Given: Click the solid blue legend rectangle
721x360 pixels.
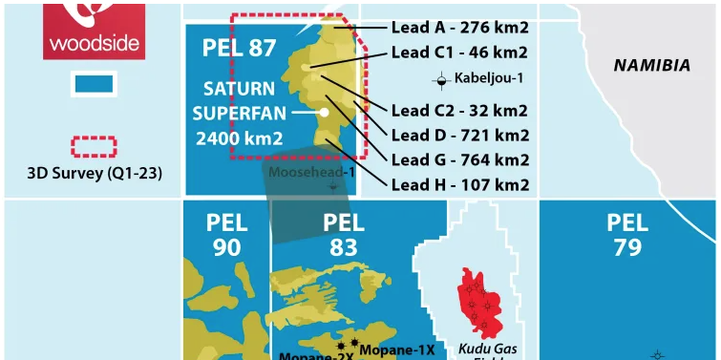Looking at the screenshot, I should (94, 84).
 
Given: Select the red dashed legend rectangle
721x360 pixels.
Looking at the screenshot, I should (94, 147).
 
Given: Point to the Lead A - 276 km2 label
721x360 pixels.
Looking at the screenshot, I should (459, 29).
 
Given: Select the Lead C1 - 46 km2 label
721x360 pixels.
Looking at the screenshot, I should (459, 52).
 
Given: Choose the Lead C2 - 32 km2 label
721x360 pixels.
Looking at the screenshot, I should (459, 110).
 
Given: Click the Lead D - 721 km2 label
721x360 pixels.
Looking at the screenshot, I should (459, 135).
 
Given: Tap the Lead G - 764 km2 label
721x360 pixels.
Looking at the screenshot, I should (459, 159).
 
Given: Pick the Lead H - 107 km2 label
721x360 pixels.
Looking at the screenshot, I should (459, 184).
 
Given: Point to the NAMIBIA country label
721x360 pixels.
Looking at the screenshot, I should (651, 66).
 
